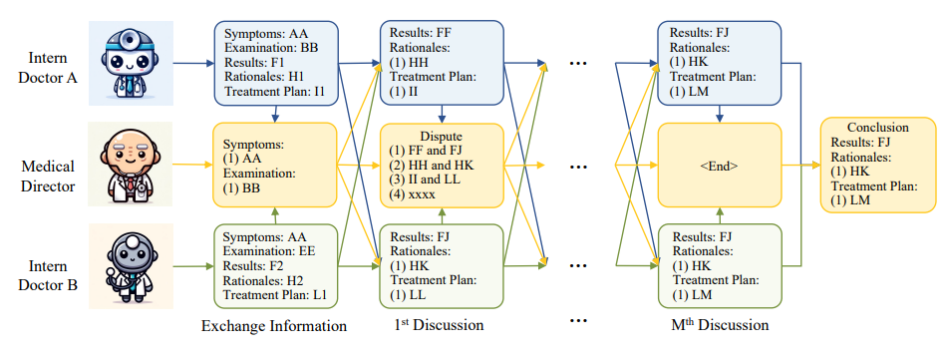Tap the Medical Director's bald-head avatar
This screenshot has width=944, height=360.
click(x=130, y=165)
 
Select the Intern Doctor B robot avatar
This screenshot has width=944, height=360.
click(x=131, y=265)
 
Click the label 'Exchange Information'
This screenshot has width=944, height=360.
click(x=274, y=326)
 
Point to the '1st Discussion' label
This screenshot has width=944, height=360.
click(x=439, y=325)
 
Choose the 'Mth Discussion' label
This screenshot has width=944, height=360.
click(x=720, y=325)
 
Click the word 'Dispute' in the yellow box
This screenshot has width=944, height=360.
click(x=443, y=137)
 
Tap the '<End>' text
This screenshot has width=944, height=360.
click(x=719, y=167)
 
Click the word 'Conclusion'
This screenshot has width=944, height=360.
click(x=878, y=128)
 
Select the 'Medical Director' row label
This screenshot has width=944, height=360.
click(x=48, y=176)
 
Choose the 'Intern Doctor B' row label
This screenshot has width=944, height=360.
click(x=48, y=275)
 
